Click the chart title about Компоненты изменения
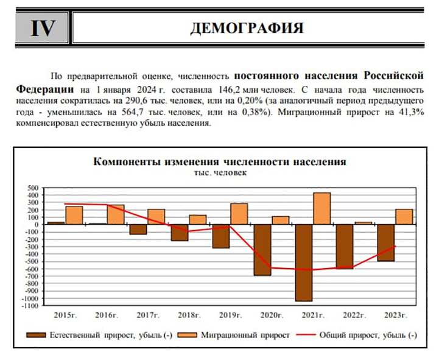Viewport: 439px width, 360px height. tap(219, 162)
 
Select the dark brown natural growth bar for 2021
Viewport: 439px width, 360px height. tap(303, 263)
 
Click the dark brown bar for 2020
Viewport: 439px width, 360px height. tap(262, 250)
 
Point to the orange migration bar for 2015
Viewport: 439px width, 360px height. tap(74, 215)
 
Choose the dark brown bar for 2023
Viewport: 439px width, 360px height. tap(386, 242)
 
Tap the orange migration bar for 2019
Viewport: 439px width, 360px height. tap(239, 214)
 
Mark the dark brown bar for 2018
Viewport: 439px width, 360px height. tap(180, 232)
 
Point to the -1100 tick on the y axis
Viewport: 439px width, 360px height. tap(30, 306)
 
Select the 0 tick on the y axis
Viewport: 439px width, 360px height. tap(37, 224)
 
